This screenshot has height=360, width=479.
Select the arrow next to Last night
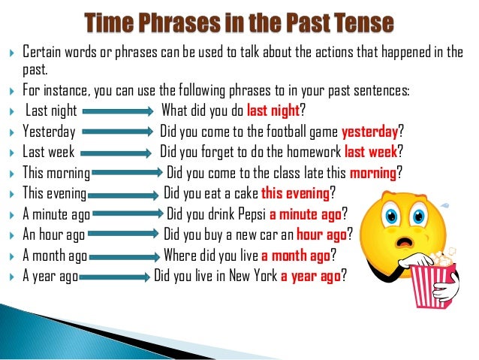click(119, 113)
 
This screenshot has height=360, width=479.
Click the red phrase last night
click(273, 111)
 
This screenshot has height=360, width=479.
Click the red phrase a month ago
click(295, 255)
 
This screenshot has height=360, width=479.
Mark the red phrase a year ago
click(311, 275)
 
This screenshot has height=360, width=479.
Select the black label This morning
click(56, 172)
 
